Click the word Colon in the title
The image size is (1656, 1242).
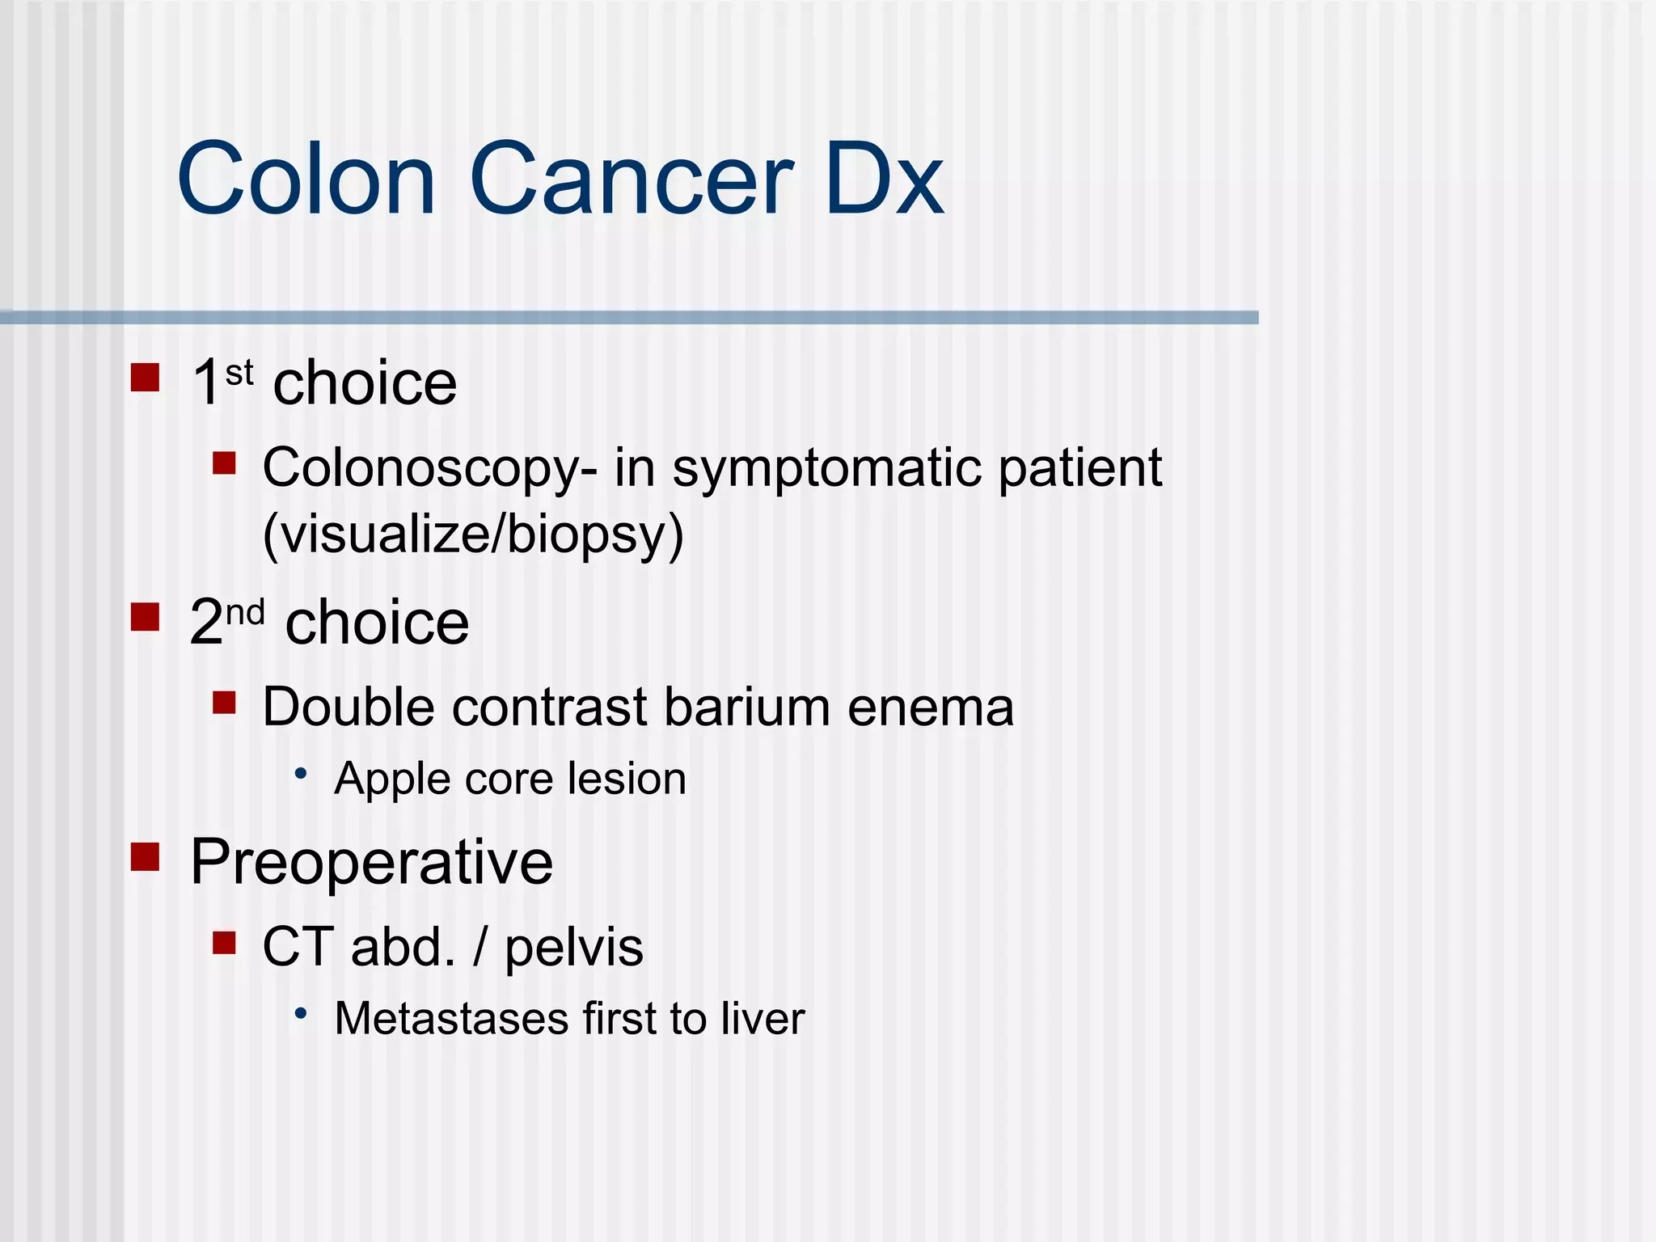[x=306, y=180]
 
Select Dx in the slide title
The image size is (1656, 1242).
[x=885, y=180]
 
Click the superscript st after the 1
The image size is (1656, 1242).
[x=239, y=374]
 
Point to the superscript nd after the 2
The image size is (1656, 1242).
[x=244, y=614]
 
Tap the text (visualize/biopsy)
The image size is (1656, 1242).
[x=474, y=534]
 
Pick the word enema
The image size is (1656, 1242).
[x=931, y=708]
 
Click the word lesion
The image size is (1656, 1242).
[x=627, y=779]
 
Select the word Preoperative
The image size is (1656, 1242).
[x=372, y=863]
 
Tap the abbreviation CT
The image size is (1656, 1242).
[x=297, y=947]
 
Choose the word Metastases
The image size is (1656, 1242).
[x=450, y=1018]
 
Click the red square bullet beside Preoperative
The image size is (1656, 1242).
[x=146, y=857]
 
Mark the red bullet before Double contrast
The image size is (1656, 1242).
[x=224, y=702]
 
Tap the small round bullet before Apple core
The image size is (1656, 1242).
[x=302, y=775]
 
